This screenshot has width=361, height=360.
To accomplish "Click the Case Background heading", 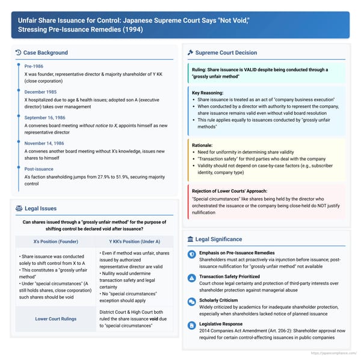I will click(x=45, y=53).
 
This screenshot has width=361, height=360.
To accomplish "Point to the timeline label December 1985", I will click(x=40, y=93).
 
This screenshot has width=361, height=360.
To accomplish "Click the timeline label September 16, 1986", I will click(x=45, y=120).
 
